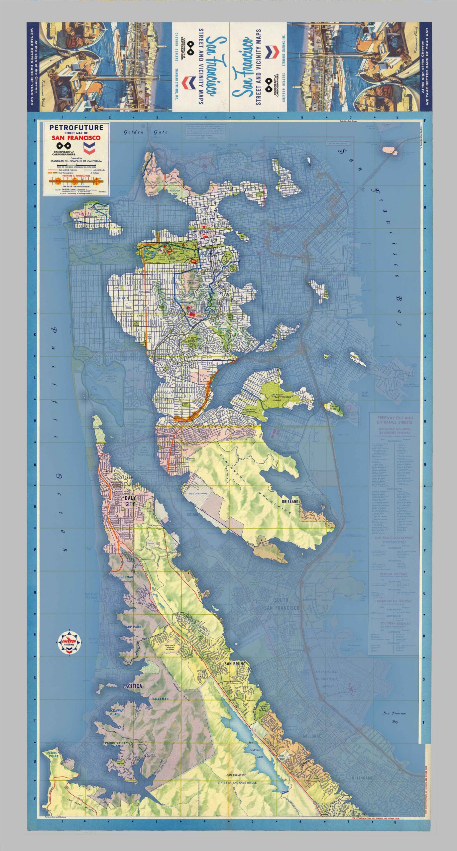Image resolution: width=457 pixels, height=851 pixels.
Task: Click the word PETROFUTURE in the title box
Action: [76, 127]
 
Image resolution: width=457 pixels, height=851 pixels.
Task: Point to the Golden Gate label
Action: [146, 132]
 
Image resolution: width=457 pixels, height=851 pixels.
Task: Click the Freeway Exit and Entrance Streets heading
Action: [395, 420]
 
